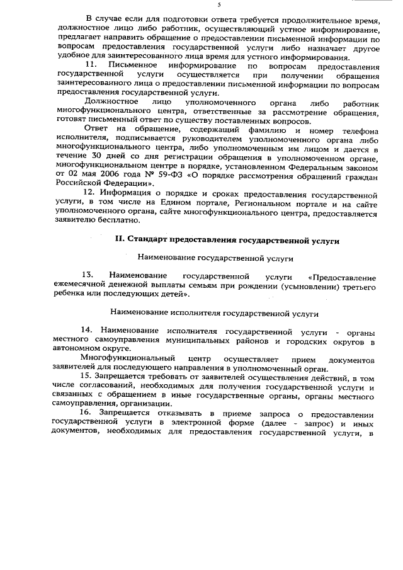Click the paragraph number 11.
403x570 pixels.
pyautogui.click(x=91, y=65)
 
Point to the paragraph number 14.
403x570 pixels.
pyautogui.click(x=88, y=331)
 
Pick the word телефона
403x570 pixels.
pyautogui.click(x=359, y=129)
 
